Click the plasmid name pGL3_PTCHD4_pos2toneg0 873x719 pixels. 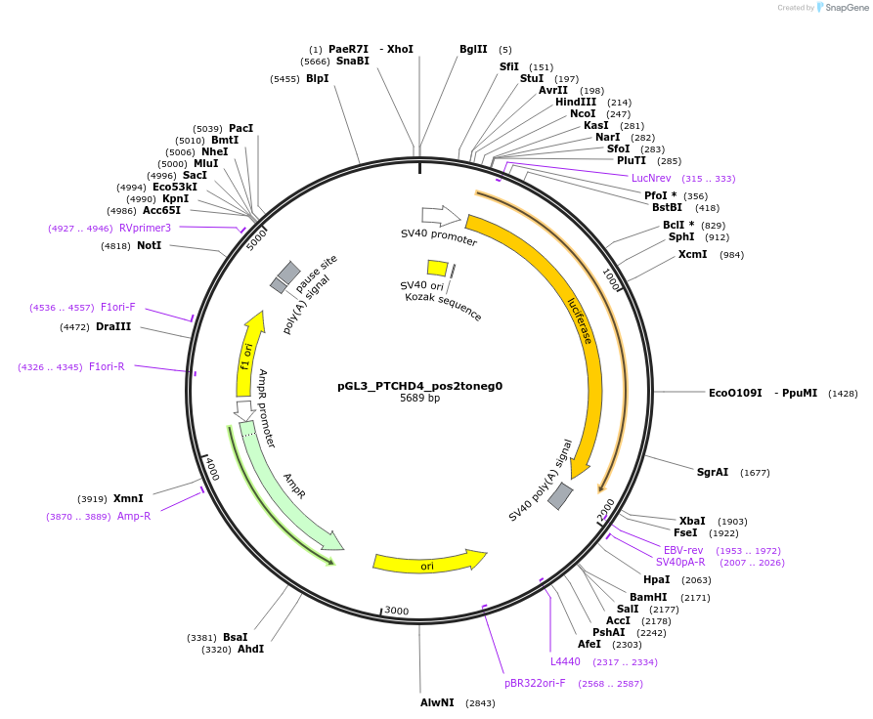pos(419,385)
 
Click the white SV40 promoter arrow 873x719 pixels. pos(440,215)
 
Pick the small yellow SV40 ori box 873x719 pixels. pos(437,268)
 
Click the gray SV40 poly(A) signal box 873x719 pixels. pos(560,496)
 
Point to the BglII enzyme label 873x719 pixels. pos(473,49)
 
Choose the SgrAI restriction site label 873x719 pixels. pos(712,472)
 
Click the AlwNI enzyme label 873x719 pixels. pos(437,702)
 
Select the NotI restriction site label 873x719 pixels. pos(149,245)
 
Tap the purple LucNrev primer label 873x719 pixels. pos(651,178)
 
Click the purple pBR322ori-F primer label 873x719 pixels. pos(535,683)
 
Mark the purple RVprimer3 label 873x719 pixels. pos(145,228)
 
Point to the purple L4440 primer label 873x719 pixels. pos(565,661)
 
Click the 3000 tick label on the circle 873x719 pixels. pos(396,611)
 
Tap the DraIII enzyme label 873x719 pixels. pos(113,326)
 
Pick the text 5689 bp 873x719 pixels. pos(419,398)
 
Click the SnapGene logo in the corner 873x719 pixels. pos(839,8)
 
